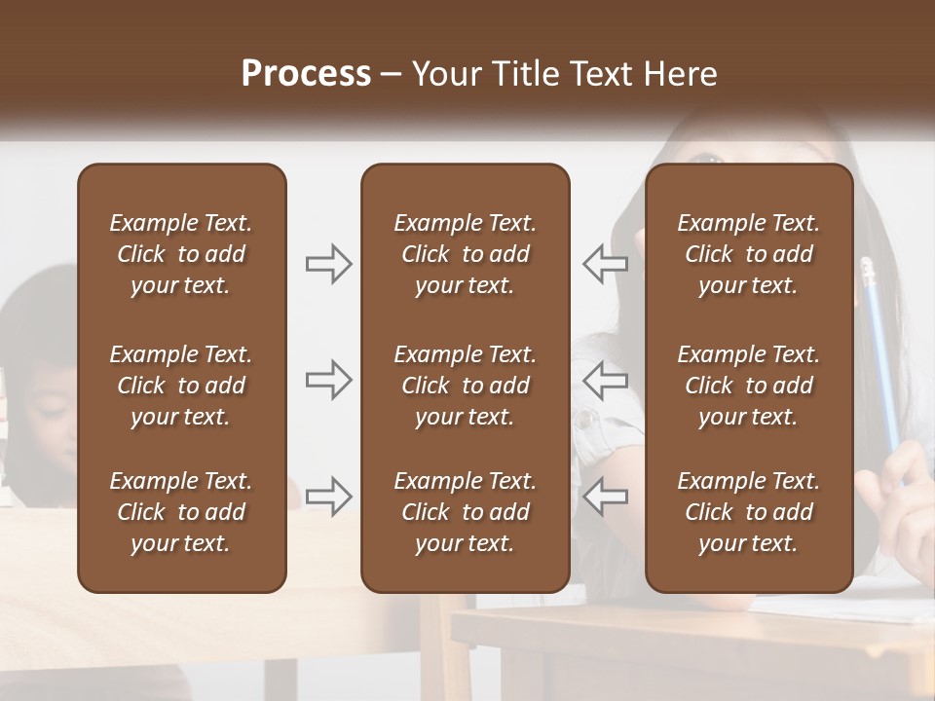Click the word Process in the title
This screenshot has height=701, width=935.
coord(306,73)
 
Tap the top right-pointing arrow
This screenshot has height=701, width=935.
coord(328,263)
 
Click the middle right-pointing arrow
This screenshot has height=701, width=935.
coord(328,380)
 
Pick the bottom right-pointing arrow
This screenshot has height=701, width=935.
coord(328,496)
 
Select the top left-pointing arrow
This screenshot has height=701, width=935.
coord(605,263)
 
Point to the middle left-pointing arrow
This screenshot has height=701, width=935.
coord(605,380)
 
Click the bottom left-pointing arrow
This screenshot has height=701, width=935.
coord(605,496)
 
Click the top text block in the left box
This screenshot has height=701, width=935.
coord(181,254)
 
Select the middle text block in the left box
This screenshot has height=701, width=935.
coord(181,386)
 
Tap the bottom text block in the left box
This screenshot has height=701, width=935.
coord(181,512)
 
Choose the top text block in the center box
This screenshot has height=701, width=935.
coord(465,254)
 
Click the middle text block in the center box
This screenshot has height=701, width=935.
coord(465,386)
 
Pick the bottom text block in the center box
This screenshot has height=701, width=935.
coord(465,512)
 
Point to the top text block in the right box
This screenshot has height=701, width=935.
coord(748,254)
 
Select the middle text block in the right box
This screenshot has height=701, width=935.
coord(748,386)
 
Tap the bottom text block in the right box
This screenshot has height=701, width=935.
coord(748,512)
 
